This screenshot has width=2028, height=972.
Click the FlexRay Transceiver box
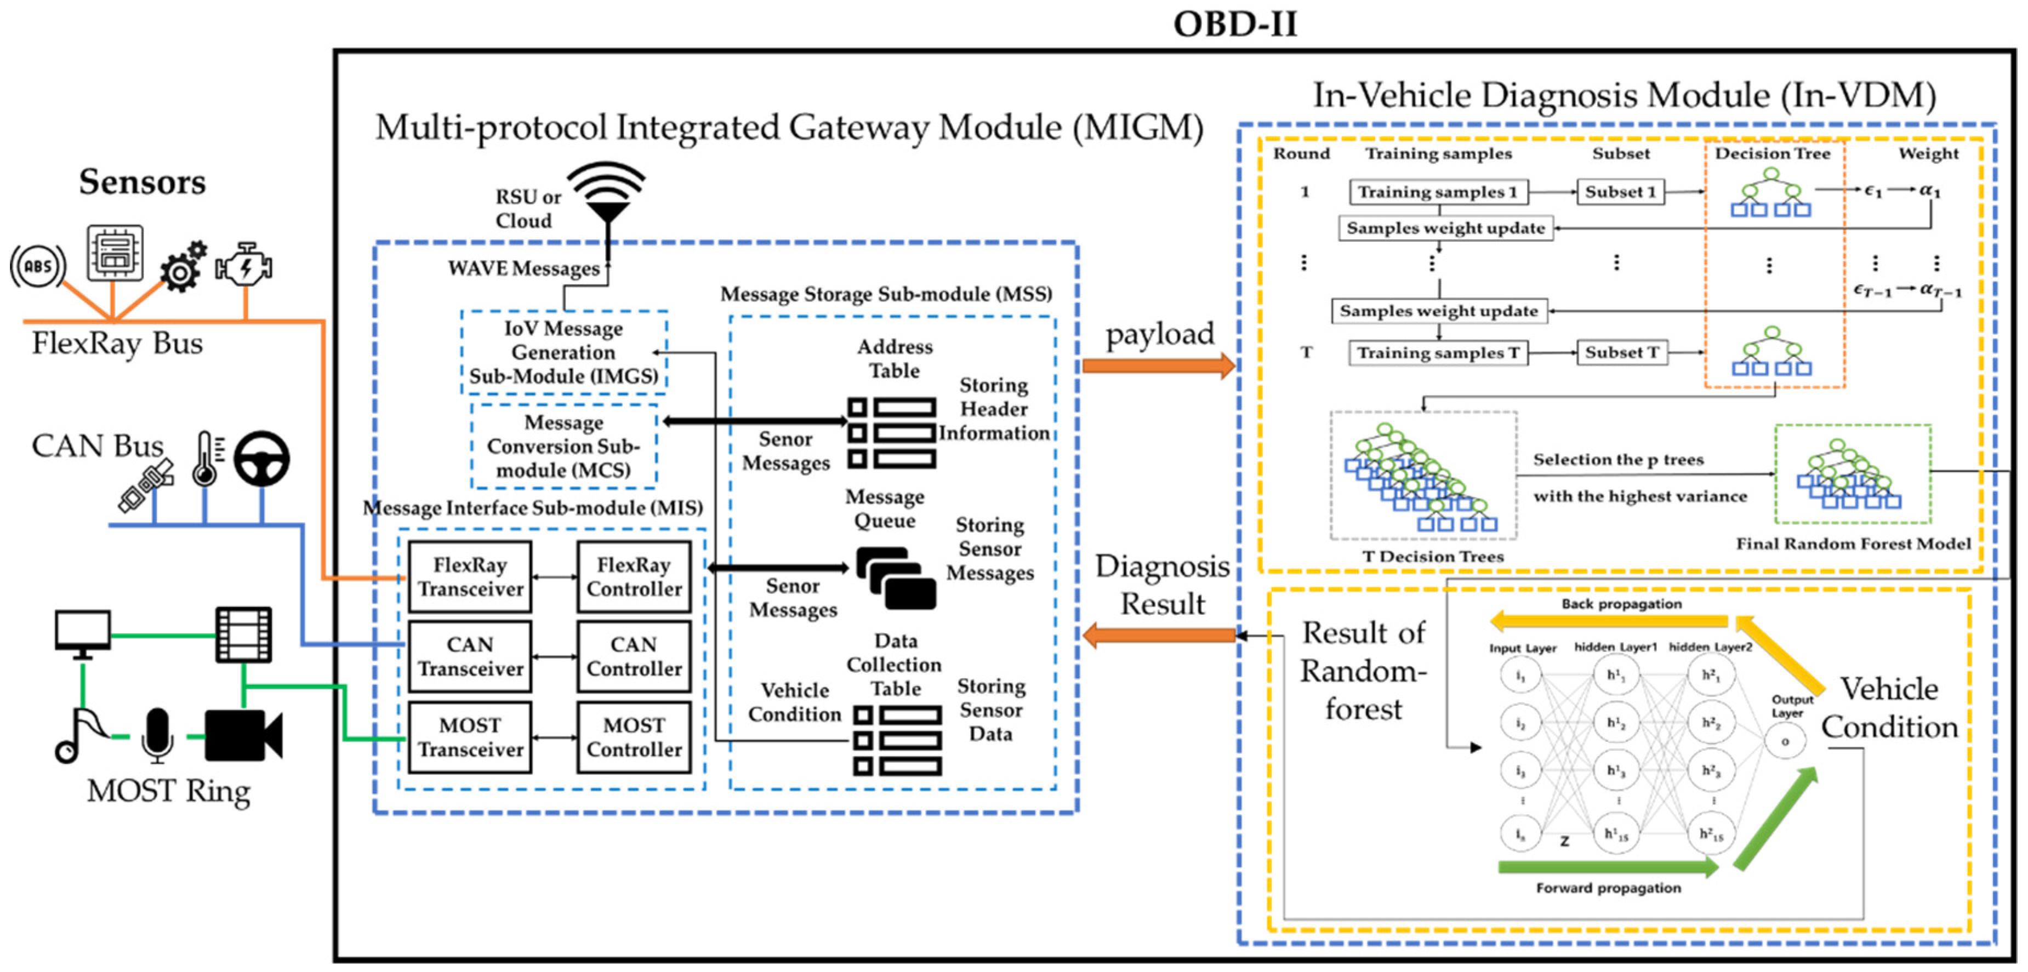click(470, 577)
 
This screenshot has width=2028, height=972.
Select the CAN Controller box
click(634, 656)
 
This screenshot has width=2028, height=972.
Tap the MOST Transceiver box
click(470, 737)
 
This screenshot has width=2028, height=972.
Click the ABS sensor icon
click(37, 266)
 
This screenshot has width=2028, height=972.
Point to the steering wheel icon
click(261, 458)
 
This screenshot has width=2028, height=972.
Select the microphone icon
click(157, 734)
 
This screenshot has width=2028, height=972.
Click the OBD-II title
click(1234, 24)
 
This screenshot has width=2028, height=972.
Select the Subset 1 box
click(1620, 192)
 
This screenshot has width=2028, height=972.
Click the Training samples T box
click(1438, 353)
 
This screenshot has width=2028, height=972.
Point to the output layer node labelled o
click(1785, 741)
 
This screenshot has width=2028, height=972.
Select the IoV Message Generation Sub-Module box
click(563, 352)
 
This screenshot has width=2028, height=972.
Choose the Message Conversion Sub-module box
click(563, 446)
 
